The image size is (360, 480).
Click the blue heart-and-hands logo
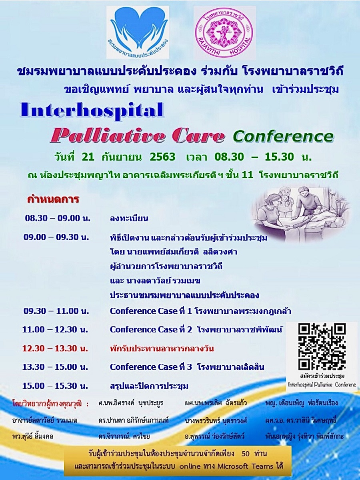point(138,32)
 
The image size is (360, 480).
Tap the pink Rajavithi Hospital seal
point(225,32)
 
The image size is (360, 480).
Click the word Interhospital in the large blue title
point(92,111)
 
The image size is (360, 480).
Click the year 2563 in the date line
point(163,157)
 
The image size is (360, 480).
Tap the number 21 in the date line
point(88,157)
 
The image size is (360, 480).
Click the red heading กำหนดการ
point(53,199)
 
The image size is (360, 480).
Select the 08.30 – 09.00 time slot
point(58,218)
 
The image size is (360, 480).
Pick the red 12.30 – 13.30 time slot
point(55,349)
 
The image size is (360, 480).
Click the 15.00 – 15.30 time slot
point(55,386)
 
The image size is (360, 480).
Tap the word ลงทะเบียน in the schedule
point(129,218)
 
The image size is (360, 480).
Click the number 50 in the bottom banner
point(246,454)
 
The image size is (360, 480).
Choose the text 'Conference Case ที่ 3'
point(151,367)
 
